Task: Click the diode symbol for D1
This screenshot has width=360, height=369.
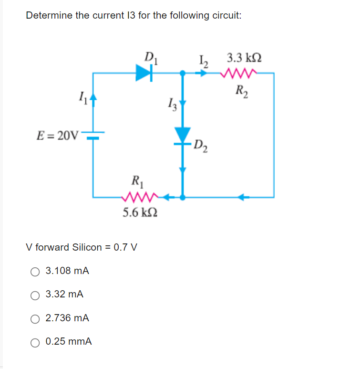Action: pos(144,73)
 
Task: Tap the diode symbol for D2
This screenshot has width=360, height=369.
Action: pos(182,135)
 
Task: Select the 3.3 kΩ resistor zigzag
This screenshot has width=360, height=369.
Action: pos(240,74)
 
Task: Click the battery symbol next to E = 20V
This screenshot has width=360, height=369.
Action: pos(93,135)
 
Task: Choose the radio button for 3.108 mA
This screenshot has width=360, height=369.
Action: pos(35,271)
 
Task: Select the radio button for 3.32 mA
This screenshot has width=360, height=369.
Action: pos(35,295)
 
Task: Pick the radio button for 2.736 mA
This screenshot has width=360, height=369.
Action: pos(35,318)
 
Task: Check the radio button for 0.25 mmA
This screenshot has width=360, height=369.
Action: pos(35,342)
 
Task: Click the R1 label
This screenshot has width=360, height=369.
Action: pos(136,181)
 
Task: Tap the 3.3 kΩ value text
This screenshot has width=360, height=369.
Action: pos(244,59)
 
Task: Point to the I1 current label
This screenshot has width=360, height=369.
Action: pos(81,100)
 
